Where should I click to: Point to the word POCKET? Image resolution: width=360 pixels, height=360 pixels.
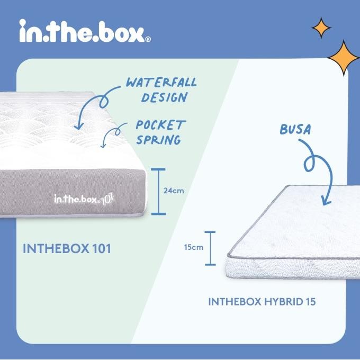coord(160,126)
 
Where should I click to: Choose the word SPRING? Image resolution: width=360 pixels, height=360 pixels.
coord(158,140)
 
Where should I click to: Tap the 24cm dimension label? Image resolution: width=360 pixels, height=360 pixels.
coord(174,191)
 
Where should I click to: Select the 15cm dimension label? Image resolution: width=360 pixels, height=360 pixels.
coord(193,247)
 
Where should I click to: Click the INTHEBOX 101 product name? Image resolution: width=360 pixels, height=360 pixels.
coord(67,248)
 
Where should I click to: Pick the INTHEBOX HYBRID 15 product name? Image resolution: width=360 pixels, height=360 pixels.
coord(262,302)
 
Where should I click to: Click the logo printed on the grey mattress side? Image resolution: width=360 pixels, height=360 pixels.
coord(85,200)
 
